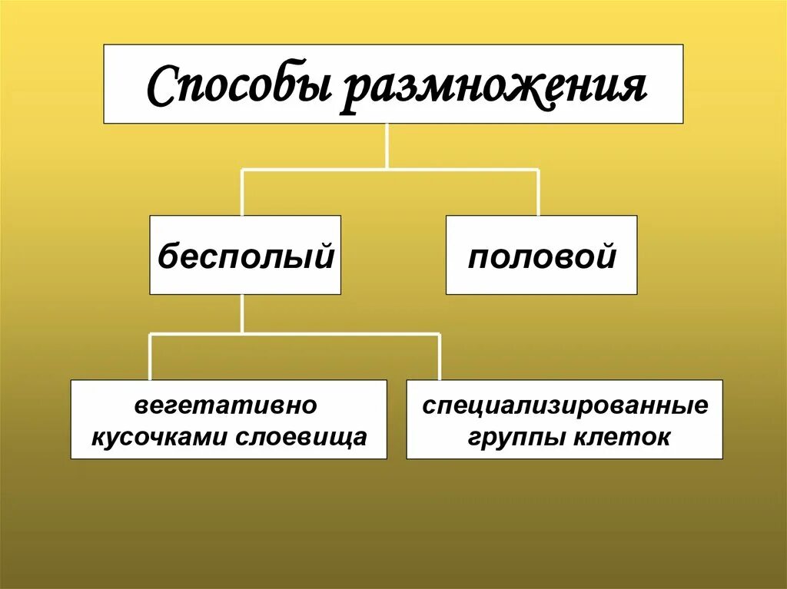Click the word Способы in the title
(x=239, y=87)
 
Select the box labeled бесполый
(x=245, y=256)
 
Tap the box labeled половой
(x=541, y=256)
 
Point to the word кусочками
(x=163, y=436)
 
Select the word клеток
(x=622, y=436)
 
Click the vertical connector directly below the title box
(x=387, y=146)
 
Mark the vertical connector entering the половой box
(x=538, y=193)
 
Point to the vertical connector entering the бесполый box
(x=243, y=193)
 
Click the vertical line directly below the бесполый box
(x=243, y=313)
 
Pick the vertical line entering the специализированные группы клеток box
(x=439, y=357)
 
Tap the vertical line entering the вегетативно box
(x=150, y=357)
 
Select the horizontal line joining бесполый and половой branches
(x=390, y=170)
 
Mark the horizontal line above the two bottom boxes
(x=294, y=334)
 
